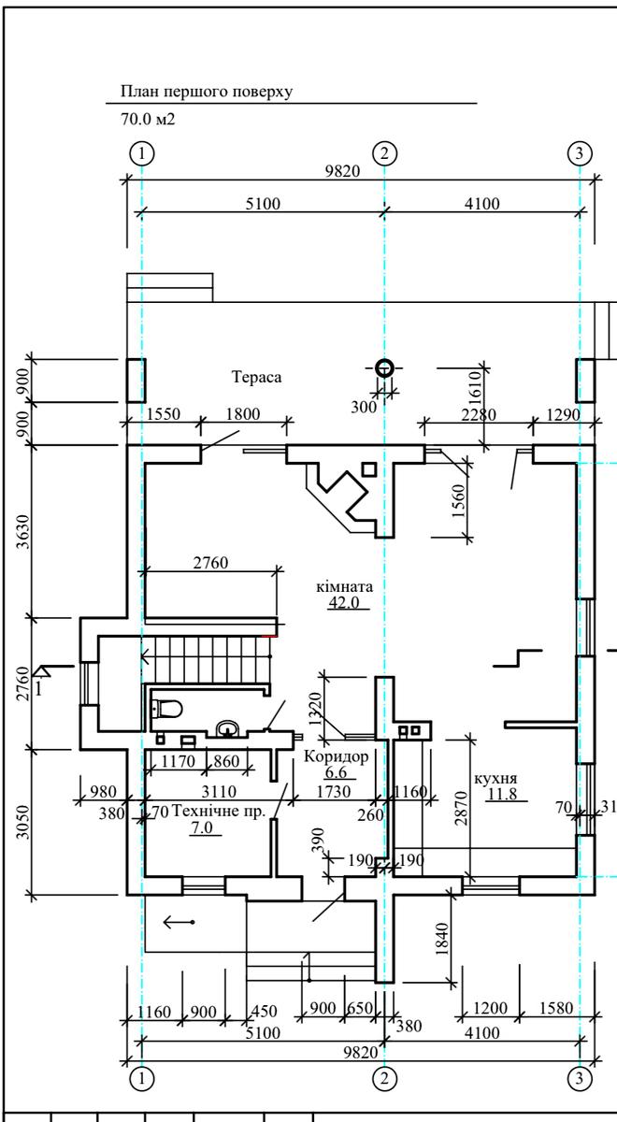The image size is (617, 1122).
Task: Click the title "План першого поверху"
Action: tap(207, 92)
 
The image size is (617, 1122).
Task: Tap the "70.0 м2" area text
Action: tap(148, 120)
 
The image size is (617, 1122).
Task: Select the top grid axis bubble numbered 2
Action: tap(384, 153)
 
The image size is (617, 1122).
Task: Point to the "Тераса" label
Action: tap(256, 377)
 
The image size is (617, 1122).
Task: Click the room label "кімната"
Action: tap(345, 586)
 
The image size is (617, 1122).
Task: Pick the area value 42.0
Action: tap(345, 602)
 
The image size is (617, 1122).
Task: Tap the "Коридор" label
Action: tap(336, 755)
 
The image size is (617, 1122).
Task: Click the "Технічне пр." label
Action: tap(218, 811)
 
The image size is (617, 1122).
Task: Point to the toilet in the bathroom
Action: tap(166, 709)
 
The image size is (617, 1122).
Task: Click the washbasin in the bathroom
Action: tap(227, 728)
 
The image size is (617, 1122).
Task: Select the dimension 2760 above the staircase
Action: tap(211, 563)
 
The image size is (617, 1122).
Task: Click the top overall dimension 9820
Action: tap(342, 171)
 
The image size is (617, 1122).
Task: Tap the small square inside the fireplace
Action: tap(369, 469)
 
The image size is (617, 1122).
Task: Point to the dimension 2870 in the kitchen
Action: tap(461, 808)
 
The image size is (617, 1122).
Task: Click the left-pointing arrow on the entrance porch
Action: tap(179, 922)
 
